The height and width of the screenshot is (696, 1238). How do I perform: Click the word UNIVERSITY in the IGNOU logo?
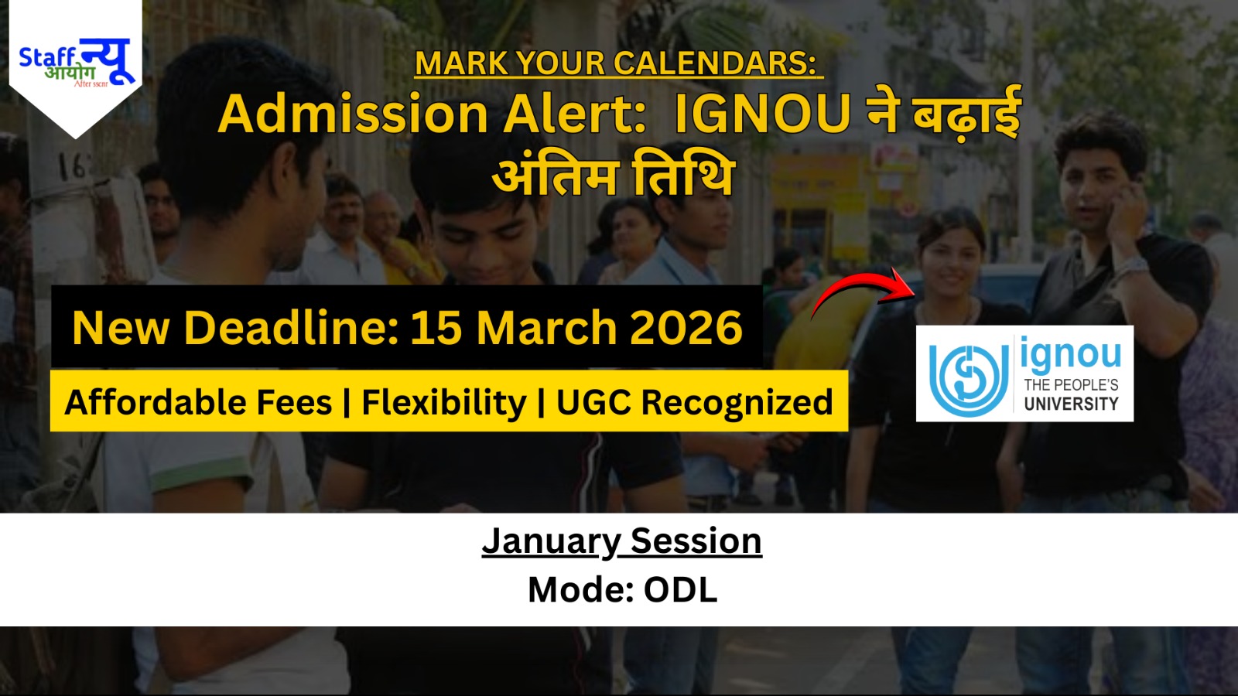pos(1071,404)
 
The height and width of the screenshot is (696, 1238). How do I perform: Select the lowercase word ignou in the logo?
pos(1071,356)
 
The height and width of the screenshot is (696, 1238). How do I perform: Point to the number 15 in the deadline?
pos(436,327)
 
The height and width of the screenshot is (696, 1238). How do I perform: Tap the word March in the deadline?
pos(545,327)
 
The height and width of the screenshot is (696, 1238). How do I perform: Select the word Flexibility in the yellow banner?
pos(443,402)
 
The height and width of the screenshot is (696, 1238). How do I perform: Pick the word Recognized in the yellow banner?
pos(737,402)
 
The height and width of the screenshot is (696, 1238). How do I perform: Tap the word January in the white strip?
pos(550,541)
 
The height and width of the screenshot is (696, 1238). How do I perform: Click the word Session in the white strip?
pos(696,541)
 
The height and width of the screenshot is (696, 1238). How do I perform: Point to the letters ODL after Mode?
pos(680,590)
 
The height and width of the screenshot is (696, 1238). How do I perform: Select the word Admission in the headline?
pos(353,114)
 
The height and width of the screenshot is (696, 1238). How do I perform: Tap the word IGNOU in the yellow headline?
pos(762,114)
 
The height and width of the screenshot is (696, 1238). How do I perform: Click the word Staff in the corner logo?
pos(47,57)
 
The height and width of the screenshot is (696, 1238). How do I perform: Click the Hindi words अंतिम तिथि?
pos(613,176)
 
